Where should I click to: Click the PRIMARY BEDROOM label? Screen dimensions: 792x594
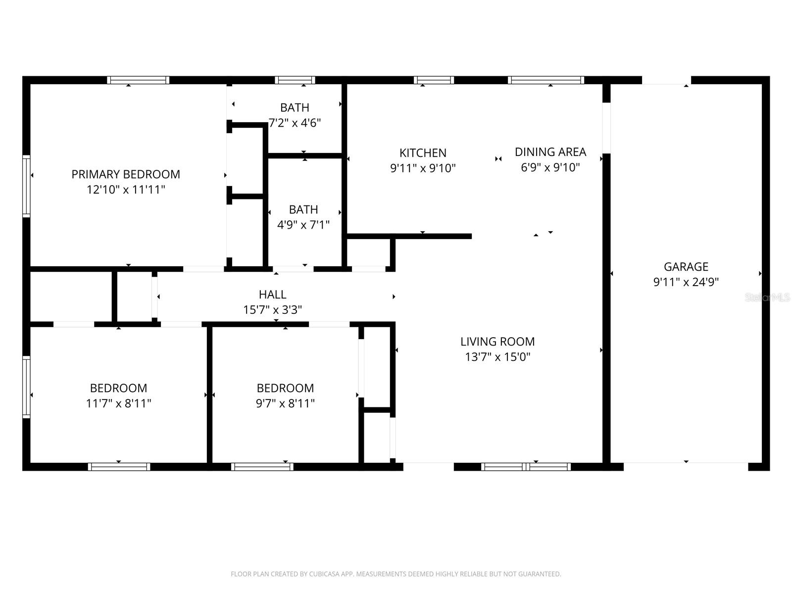pyautogui.click(x=126, y=174)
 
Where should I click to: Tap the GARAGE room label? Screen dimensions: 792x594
pyautogui.click(x=686, y=266)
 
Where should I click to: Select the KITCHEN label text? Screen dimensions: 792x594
pyautogui.click(x=423, y=153)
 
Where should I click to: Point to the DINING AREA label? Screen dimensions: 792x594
pyautogui.click(x=550, y=152)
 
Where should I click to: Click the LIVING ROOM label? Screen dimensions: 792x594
pyautogui.click(x=497, y=342)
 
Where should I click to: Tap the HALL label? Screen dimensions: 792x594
pyautogui.click(x=272, y=295)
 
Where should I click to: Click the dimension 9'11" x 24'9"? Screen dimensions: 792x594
pyautogui.click(x=686, y=282)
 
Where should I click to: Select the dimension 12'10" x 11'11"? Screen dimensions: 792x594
pyautogui.click(x=126, y=190)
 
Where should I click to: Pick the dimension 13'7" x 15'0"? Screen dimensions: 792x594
pyautogui.click(x=497, y=357)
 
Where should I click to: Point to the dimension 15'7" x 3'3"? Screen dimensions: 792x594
pyautogui.click(x=272, y=310)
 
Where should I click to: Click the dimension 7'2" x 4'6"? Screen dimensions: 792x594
pyautogui.click(x=295, y=123)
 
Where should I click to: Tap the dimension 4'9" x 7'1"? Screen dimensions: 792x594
pyautogui.click(x=303, y=225)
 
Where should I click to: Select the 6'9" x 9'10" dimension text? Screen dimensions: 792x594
pyautogui.click(x=550, y=167)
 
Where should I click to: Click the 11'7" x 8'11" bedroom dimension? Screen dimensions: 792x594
pyautogui.click(x=118, y=403)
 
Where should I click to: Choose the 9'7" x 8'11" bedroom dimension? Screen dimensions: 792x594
pyautogui.click(x=285, y=403)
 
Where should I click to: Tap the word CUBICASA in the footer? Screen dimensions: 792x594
pyautogui.click(x=323, y=574)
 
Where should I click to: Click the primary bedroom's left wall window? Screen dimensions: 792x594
pyautogui.click(x=26, y=186)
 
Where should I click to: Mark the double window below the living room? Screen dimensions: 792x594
pyautogui.click(x=526, y=467)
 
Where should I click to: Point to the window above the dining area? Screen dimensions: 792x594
pyautogui.click(x=546, y=80)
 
